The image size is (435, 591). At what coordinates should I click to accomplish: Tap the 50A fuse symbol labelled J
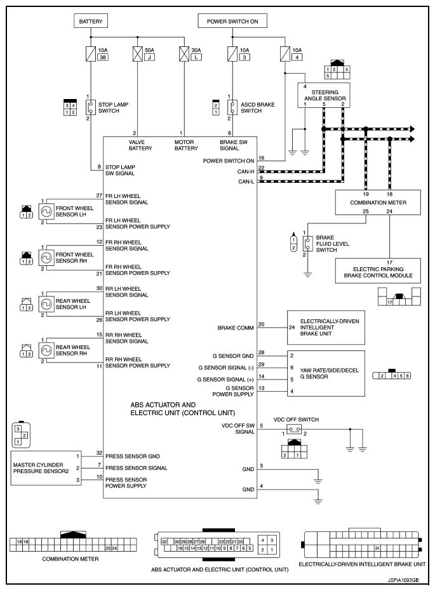pos(137,53)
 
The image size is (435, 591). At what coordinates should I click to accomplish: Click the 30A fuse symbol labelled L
pos(184,53)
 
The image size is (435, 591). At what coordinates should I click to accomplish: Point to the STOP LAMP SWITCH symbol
pos(90,107)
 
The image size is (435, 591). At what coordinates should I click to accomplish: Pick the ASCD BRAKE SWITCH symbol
pos(232,107)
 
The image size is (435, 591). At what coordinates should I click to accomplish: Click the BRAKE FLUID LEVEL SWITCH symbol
pos(307,244)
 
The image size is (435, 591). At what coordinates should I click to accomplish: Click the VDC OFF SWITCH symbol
pos(294,429)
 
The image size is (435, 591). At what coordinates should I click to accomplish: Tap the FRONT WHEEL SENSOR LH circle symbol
pos(46,212)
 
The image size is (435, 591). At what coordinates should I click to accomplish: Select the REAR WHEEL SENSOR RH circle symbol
pos(46,351)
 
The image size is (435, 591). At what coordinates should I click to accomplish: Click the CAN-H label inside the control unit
pos(246,171)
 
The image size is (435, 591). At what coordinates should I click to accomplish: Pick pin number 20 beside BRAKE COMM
pos(261,324)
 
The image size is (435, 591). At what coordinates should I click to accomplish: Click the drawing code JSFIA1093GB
pos(403,580)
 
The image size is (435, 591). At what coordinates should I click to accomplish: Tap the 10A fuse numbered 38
pos(90,53)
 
